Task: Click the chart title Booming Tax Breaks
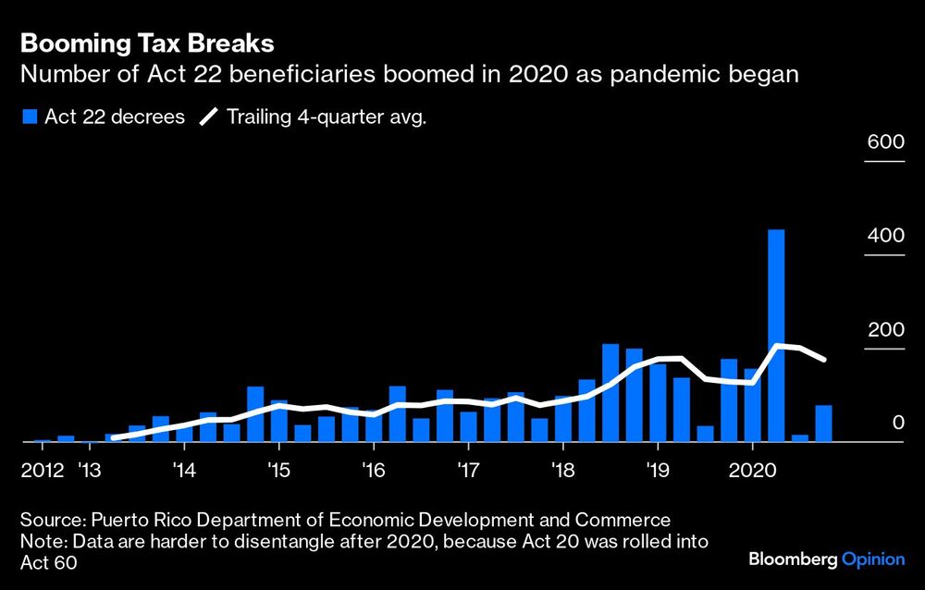point(147,43)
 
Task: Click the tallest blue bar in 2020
point(776,336)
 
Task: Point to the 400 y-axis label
point(884,236)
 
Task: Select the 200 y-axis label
point(884,330)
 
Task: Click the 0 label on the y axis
point(896,424)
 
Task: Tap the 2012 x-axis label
point(42,471)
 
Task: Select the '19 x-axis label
point(656,471)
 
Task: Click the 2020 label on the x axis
point(753,471)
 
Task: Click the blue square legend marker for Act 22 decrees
point(29,117)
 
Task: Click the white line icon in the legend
point(210,117)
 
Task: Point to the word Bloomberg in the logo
point(792,559)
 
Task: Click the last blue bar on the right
point(823,424)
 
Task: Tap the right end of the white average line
point(823,360)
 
